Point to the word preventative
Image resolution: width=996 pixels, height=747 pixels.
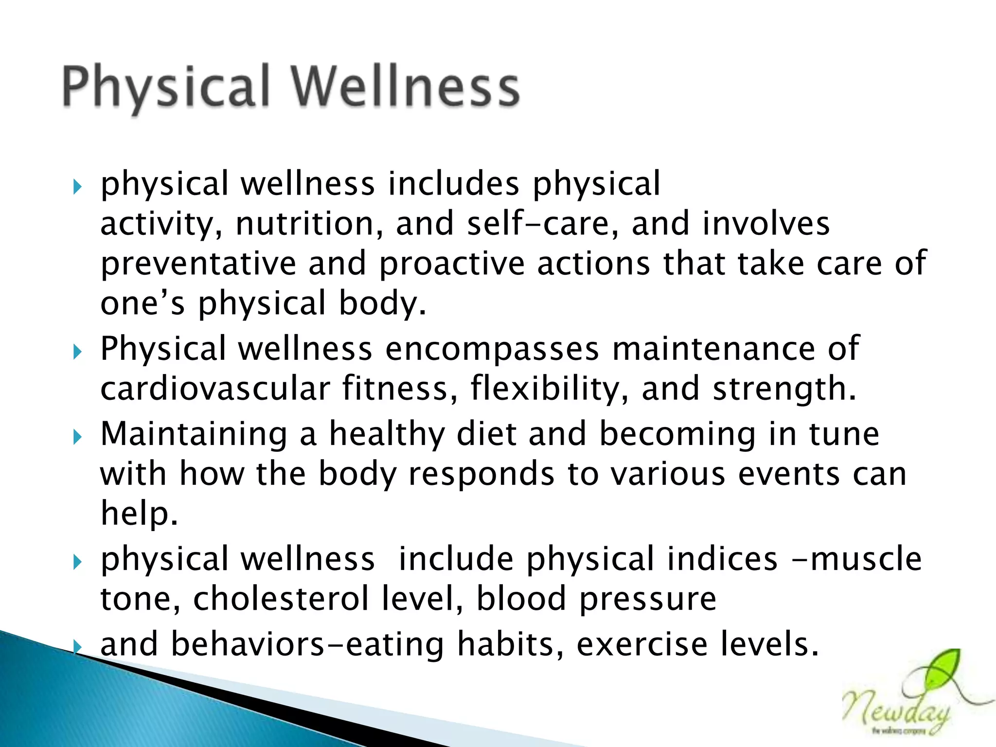pyautogui.click(x=198, y=264)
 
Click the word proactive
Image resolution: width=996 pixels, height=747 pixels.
pyautogui.click(x=452, y=264)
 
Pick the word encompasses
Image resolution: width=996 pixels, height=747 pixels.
pyautogui.click(x=492, y=349)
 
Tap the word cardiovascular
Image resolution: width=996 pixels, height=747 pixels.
pyautogui.click(x=215, y=389)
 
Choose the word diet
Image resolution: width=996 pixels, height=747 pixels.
pyautogui.click(x=486, y=434)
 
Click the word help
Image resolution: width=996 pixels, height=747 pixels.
pyautogui.click(x=139, y=514)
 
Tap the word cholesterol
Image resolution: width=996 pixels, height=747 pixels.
pyautogui.click(x=281, y=599)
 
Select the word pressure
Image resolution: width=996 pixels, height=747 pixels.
pyautogui.click(x=648, y=600)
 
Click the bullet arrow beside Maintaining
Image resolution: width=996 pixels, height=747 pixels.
pyautogui.click(x=77, y=437)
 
